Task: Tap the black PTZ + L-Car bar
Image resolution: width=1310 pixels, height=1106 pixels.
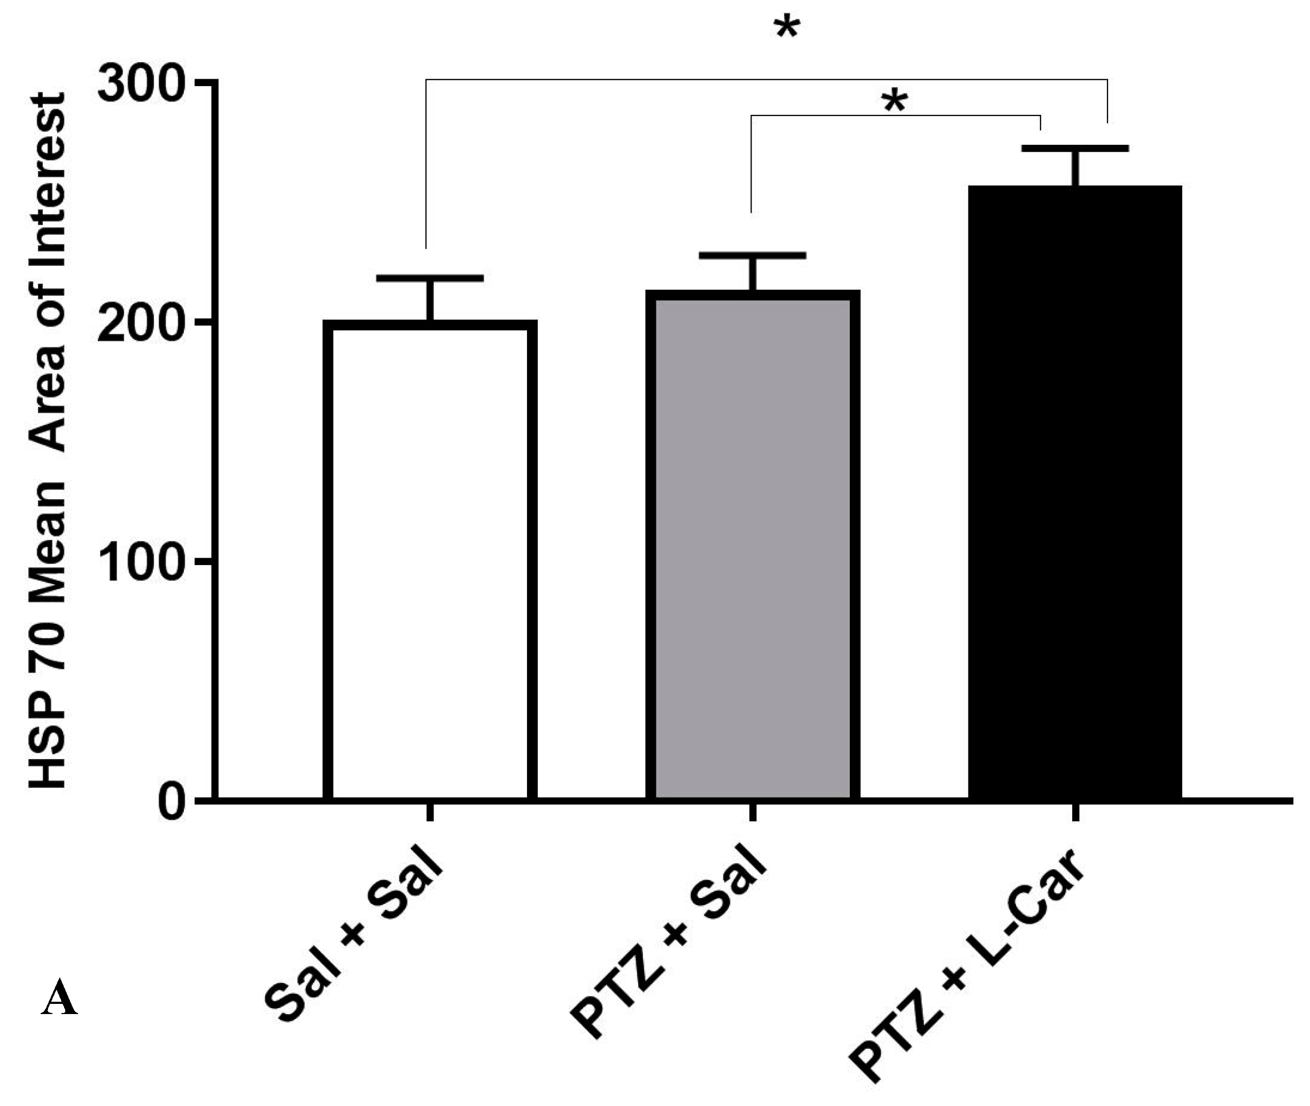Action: click(1075, 493)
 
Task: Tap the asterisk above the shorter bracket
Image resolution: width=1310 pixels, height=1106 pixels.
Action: click(895, 102)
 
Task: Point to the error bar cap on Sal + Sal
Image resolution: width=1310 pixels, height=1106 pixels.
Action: click(430, 278)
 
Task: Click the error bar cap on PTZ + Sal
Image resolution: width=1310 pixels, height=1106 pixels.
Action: click(753, 255)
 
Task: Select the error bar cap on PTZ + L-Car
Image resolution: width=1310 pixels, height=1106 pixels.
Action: click(1075, 149)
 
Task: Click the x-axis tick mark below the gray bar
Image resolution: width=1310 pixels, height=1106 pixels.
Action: click(753, 813)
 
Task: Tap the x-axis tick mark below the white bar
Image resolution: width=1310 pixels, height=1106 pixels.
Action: click(430, 813)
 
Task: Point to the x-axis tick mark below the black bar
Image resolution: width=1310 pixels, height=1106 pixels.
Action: click(1075, 813)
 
